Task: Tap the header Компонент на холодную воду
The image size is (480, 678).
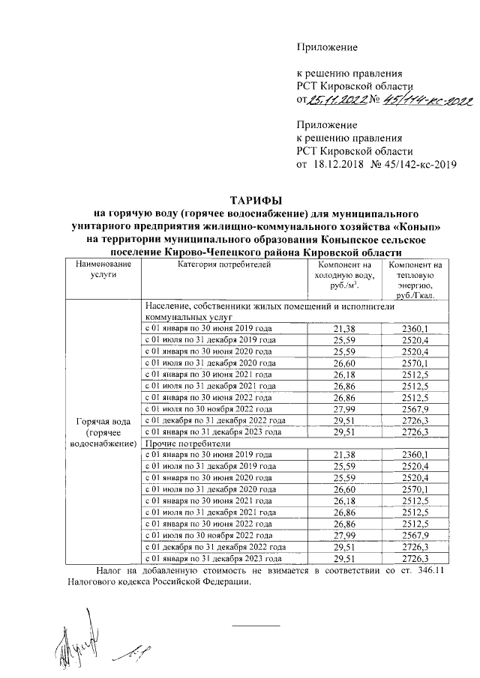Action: coord(344,276)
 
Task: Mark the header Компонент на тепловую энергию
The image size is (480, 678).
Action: coord(415,281)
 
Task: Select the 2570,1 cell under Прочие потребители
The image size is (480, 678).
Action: coord(415,489)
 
